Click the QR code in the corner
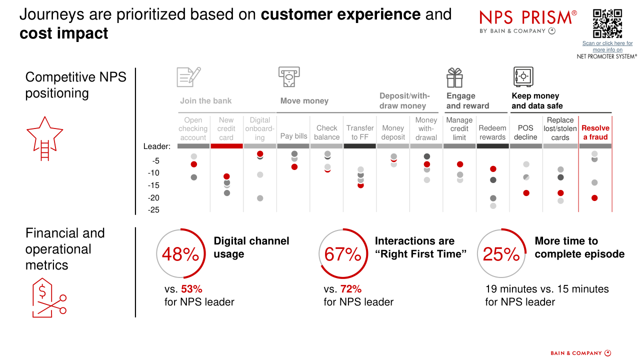pos(607,23)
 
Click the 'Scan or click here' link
pos(607,46)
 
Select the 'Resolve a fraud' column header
pos(595,132)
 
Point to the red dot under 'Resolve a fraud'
pos(594,198)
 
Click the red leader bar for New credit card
pos(226,146)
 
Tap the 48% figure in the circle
pos(180,254)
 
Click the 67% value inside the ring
pos(342,254)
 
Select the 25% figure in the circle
pos(501,254)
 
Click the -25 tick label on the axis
pos(153,210)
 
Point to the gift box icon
pos(454,77)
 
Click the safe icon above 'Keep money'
pos(523,76)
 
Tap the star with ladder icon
pos(44,138)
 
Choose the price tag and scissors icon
pos(49,297)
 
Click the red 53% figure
pos(191,289)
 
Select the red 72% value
pos(351,289)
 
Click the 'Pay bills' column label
pos(293,136)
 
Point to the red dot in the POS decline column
pos(526,193)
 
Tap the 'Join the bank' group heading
pos(205,101)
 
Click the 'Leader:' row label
pos(157,146)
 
